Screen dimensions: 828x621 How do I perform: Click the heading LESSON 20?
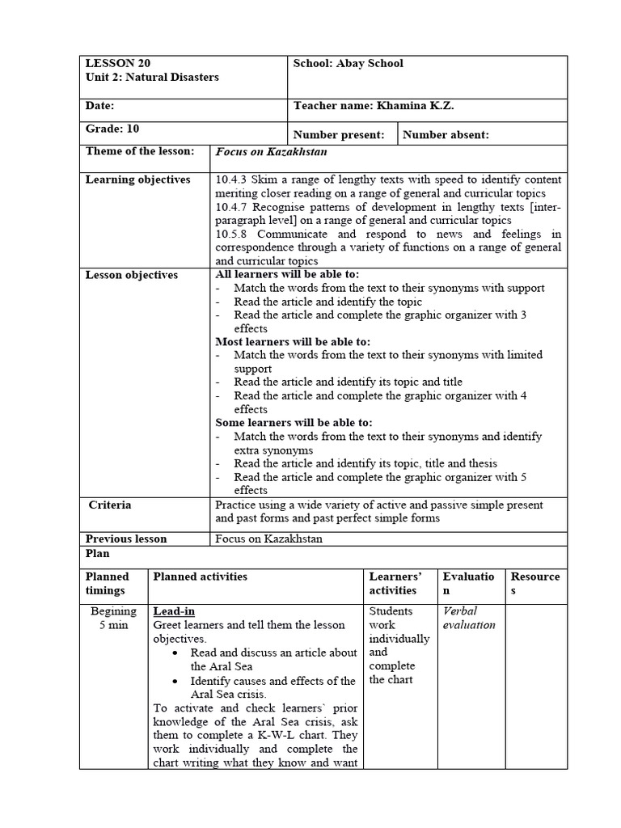[117, 63]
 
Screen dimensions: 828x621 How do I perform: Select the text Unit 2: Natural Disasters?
[151, 78]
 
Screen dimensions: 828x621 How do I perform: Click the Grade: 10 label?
[112, 128]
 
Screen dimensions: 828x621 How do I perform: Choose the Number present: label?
[339, 135]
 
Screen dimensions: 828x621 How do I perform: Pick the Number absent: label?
[446, 135]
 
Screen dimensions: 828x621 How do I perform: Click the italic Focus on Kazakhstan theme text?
[270, 151]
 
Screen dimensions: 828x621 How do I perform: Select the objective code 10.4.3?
[231, 180]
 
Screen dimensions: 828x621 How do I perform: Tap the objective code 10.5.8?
[231, 234]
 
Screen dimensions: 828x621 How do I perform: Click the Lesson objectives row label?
[131, 275]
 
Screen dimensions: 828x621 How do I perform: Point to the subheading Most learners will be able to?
[292, 341]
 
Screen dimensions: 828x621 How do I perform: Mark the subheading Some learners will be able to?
[293, 423]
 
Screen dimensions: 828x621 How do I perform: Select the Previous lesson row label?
[126, 539]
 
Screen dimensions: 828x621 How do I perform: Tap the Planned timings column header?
[108, 584]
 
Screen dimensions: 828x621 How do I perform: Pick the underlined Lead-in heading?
[174, 611]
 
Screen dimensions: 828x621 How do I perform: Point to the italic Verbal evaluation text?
[469, 618]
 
